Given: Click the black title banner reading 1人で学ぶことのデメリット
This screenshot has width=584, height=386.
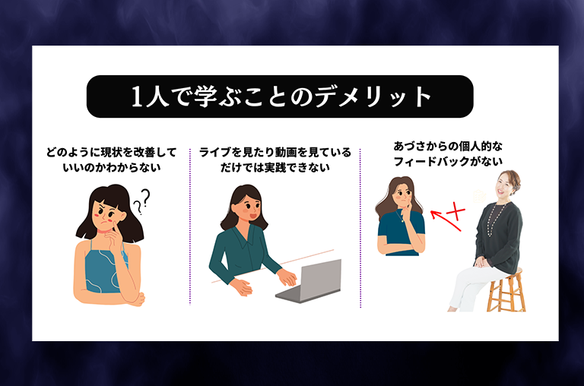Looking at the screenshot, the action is coord(280,96).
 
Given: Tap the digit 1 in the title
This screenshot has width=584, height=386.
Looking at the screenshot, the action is coord(137,96).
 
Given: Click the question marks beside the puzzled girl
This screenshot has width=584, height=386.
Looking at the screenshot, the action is coord(141,201).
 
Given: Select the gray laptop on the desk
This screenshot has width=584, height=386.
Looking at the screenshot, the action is coord(309,281).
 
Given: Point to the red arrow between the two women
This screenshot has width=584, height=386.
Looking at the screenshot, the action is coord(446,220).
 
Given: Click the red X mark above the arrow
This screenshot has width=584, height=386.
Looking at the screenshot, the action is coord(456,212).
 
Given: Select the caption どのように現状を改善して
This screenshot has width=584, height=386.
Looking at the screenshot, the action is coord(111,153).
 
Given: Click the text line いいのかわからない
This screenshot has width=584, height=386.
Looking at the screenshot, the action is coord(112,168).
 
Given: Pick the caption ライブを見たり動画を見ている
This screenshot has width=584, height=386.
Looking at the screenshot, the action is coord(275,153).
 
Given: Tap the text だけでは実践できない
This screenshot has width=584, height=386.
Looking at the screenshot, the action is coord(275,168).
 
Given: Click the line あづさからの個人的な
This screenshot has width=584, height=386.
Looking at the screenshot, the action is coord(448,147).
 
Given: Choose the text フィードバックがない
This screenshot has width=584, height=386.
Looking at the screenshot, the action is coord(448,162).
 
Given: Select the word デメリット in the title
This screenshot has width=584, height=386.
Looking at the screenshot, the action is coord(373,96).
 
